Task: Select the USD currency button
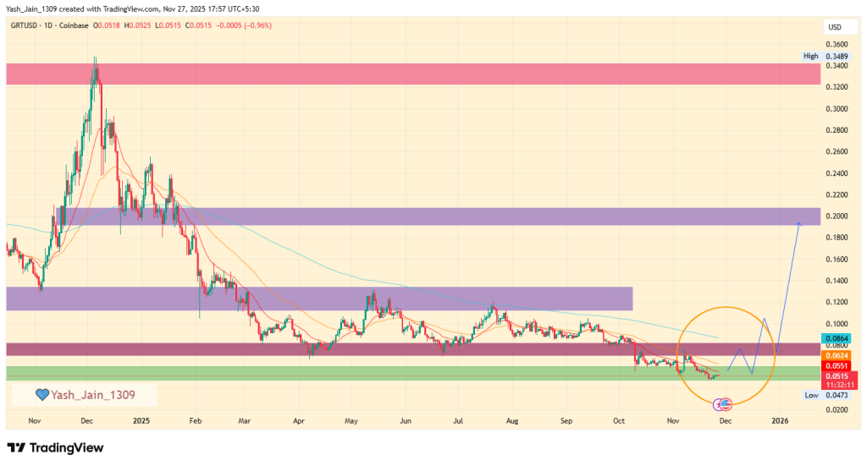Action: (834, 28)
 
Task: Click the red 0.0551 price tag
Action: (835, 365)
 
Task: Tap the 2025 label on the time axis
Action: (141, 419)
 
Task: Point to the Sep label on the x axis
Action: (566, 419)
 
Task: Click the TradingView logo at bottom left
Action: (55, 447)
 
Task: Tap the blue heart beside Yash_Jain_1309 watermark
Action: (41, 395)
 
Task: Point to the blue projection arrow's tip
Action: (798, 222)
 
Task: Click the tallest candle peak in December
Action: (95, 58)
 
